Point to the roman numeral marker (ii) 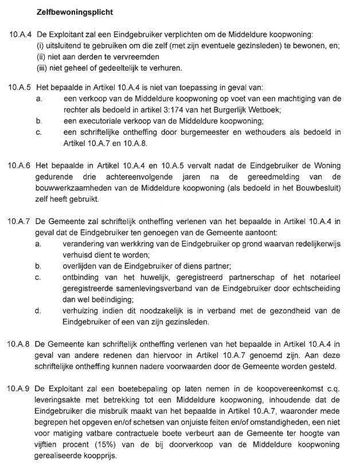42,57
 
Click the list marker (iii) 43,69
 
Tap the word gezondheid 300,311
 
